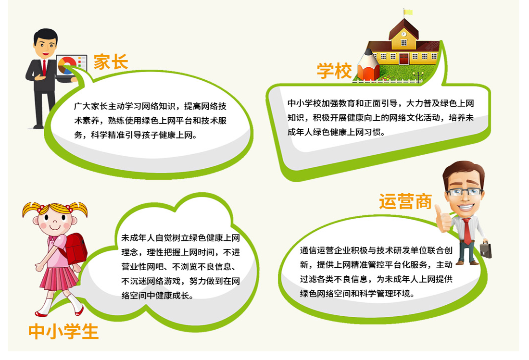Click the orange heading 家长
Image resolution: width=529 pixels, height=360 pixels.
[x=111, y=62]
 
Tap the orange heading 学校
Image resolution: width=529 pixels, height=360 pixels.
[x=334, y=71]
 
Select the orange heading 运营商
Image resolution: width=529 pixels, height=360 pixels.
[x=405, y=201]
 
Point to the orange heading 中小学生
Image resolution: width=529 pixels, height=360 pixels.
[x=63, y=331]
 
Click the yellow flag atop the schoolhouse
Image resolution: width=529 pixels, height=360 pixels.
[x=408, y=12]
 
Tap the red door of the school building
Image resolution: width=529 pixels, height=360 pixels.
[x=404, y=59]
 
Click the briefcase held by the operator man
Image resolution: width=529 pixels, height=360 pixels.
[x=486, y=249]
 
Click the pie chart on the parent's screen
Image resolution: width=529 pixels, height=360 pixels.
[x=67, y=65]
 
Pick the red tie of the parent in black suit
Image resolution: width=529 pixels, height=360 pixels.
[x=44, y=68]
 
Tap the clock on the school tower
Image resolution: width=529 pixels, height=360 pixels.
[x=404, y=34]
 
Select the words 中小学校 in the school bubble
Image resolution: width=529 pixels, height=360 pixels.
[x=304, y=103]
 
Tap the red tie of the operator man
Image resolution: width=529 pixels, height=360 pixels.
[x=467, y=231]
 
